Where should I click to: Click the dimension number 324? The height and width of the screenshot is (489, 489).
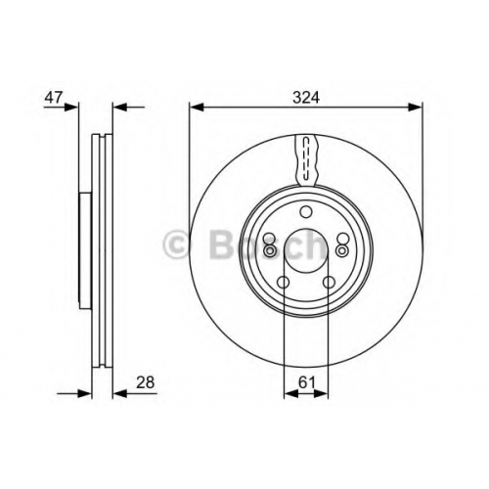pos(306,98)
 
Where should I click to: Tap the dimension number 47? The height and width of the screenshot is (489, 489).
pos(53,98)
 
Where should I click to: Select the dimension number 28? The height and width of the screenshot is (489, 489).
pos(145,382)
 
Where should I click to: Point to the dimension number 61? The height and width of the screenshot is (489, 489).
pos(307,382)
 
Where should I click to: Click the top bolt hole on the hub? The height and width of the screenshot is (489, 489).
pos(306,212)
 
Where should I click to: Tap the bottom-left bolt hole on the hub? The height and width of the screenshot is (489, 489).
pos(283,282)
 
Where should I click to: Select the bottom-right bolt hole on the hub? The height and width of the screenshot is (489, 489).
pos(329,282)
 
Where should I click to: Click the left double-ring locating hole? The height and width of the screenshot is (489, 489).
pos(270,250)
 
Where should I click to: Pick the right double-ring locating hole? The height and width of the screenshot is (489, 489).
pos(342,250)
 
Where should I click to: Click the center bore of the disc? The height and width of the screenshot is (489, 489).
pos(306,250)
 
